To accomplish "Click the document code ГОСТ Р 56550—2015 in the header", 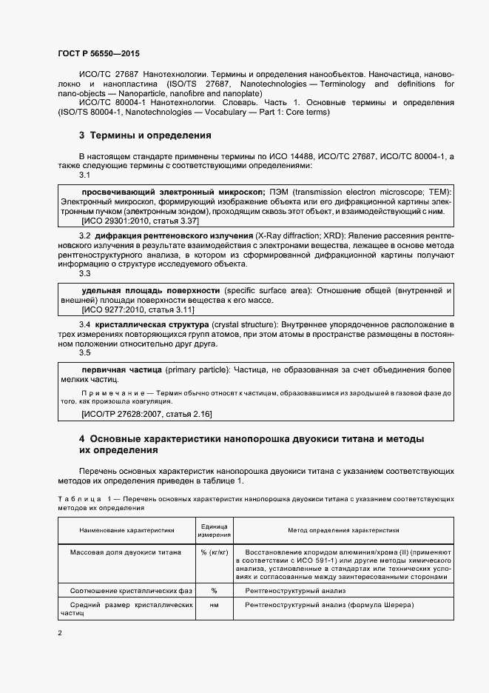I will [x=98, y=54].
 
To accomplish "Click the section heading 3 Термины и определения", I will [x=145, y=135].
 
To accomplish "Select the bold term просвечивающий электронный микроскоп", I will [x=173, y=191].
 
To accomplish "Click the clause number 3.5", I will [x=84, y=352].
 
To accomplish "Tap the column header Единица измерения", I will [x=214, y=530].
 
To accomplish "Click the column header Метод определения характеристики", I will [x=343, y=530].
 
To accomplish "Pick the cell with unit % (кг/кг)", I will [x=214, y=552].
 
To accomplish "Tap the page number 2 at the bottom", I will [x=60, y=633].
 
